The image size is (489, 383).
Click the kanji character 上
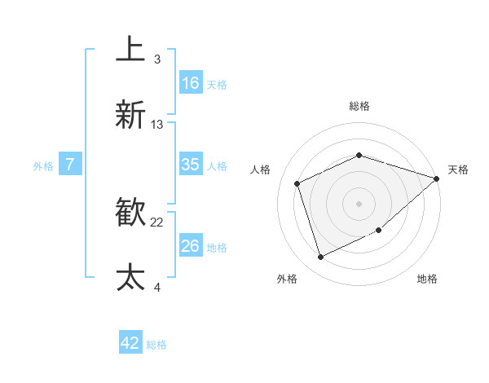point(131,48)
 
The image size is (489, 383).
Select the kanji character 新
point(131,115)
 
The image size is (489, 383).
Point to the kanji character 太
point(131,277)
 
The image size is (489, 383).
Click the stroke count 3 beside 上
point(156,59)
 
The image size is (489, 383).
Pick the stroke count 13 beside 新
point(157,125)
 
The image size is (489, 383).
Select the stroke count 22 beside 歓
point(157,222)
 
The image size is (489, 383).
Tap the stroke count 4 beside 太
point(156,287)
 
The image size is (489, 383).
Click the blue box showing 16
point(191,83)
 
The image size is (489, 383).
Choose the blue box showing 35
point(191,165)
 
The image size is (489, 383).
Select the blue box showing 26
point(191,246)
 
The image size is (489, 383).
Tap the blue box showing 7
point(70,165)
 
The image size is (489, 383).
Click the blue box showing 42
point(130,343)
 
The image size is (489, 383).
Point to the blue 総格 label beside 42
point(156,345)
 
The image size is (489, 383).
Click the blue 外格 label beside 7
point(43,166)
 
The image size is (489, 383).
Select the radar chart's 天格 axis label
point(458,169)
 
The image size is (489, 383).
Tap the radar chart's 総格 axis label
point(359,106)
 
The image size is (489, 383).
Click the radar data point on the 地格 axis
point(379,231)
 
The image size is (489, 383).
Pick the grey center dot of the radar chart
point(359,203)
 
